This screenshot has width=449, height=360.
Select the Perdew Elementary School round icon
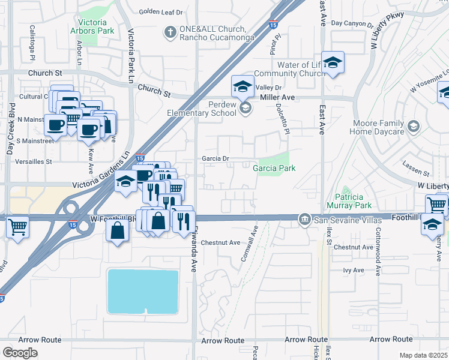point(245,108)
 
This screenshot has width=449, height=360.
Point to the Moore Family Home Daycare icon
point(414,127)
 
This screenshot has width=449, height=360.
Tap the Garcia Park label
point(274,169)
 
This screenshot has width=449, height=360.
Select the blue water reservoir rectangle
point(143,291)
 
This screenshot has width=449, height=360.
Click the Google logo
point(20,352)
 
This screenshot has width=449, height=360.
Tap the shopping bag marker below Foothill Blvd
point(118,229)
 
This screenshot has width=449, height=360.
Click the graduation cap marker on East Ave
point(332,62)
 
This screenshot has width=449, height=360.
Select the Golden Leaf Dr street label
point(160,11)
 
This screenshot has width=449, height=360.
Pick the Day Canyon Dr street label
point(353,23)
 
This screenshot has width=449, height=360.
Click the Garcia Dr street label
point(216,159)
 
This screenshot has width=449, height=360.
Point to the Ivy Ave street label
point(354,271)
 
